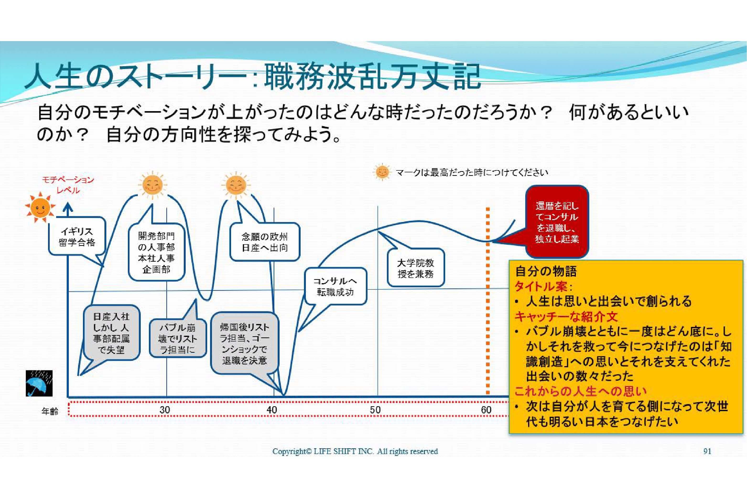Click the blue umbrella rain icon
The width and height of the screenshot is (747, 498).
click(39, 383)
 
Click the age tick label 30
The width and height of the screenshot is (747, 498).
click(164, 410)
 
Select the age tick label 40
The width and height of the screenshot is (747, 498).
click(271, 410)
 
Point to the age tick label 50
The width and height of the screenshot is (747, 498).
click(375, 410)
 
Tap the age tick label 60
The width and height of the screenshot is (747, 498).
click(486, 410)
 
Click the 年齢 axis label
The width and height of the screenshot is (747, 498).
click(50, 411)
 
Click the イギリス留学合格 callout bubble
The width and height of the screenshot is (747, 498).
click(77, 237)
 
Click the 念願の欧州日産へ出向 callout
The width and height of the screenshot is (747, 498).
click(265, 242)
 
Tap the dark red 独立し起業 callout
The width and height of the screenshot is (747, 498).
click(557, 222)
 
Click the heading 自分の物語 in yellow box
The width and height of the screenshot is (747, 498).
click(546, 271)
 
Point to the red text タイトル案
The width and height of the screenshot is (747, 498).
click(543, 287)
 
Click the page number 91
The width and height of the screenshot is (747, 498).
click(707, 451)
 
